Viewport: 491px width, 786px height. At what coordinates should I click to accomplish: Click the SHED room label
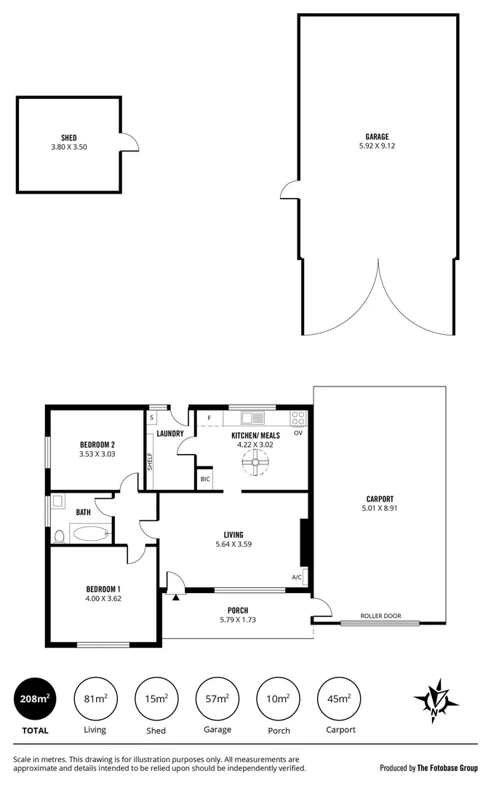[x=69, y=137]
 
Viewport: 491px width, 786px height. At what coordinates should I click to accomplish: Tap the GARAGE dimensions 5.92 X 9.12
[x=377, y=146]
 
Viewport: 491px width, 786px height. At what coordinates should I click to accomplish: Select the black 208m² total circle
[x=35, y=701]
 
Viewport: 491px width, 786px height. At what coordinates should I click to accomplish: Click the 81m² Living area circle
[x=95, y=701]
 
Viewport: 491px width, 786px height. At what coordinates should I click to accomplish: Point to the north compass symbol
[x=436, y=701]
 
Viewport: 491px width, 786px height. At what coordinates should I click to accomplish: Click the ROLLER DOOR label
[x=381, y=616]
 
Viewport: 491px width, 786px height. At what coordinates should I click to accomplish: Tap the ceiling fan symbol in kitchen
[x=256, y=461]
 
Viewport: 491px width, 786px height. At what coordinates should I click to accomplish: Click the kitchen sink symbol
[x=254, y=418]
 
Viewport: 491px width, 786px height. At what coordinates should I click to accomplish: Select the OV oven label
[x=298, y=433]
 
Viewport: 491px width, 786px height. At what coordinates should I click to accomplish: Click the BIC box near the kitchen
[x=205, y=479]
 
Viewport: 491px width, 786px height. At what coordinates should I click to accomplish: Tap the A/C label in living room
[x=297, y=577]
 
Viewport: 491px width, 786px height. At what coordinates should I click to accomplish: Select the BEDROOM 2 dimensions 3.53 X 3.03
[x=97, y=454]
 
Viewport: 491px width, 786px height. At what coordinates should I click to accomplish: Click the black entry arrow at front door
[x=175, y=596]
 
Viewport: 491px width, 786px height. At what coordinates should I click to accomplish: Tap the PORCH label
[x=238, y=610]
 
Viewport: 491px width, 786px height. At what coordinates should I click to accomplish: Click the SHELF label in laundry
[x=150, y=461]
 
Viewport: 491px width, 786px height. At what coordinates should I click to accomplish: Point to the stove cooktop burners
[x=298, y=418]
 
